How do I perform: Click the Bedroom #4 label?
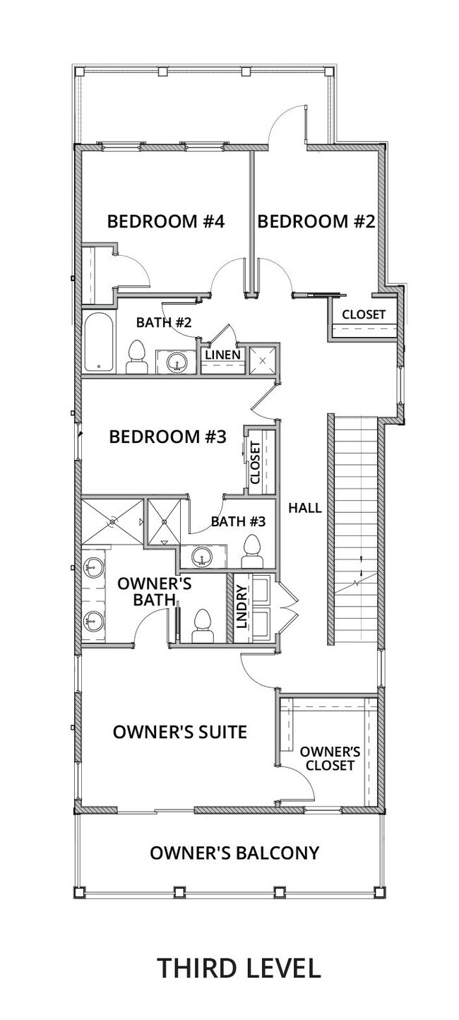(x=165, y=222)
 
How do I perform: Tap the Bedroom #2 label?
(x=316, y=222)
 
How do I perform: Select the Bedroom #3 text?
(x=167, y=437)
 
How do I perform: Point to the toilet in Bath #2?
(x=137, y=358)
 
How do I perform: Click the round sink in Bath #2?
(x=177, y=362)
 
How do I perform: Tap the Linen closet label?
(x=223, y=355)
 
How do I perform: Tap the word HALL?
(x=305, y=508)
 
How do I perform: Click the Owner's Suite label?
(x=180, y=733)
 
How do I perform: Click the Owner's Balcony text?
(x=234, y=853)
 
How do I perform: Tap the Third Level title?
(x=239, y=967)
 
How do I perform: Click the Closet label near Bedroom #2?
(x=364, y=314)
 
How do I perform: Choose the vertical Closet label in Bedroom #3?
(x=255, y=463)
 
